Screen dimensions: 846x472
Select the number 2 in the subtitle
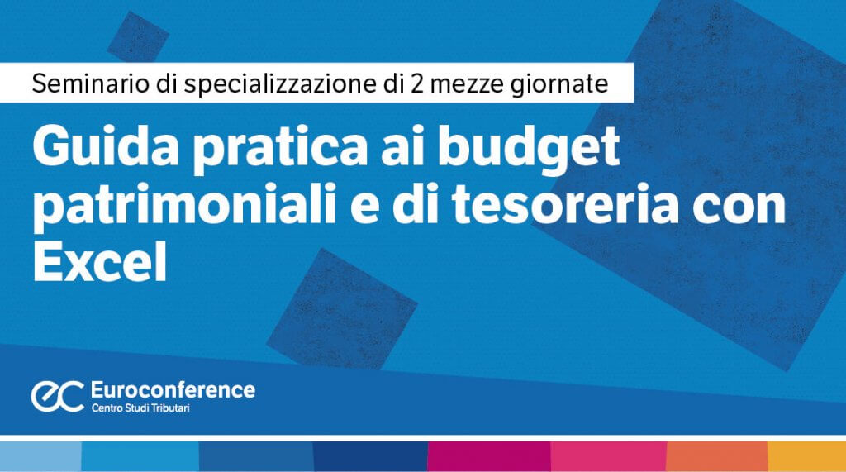[x=417, y=83]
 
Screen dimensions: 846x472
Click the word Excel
[x=100, y=262]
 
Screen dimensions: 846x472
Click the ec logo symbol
[x=57, y=396]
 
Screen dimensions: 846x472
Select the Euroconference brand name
[x=173, y=390]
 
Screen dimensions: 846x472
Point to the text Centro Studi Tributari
[x=140, y=408]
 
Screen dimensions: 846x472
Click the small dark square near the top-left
[x=138, y=36]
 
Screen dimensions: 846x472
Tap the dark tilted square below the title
[x=341, y=309]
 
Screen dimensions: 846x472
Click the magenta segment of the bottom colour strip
[x=489, y=456]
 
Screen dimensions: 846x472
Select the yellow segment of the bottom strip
[x=806, y=456]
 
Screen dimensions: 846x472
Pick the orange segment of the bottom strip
[x=717, y=456]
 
